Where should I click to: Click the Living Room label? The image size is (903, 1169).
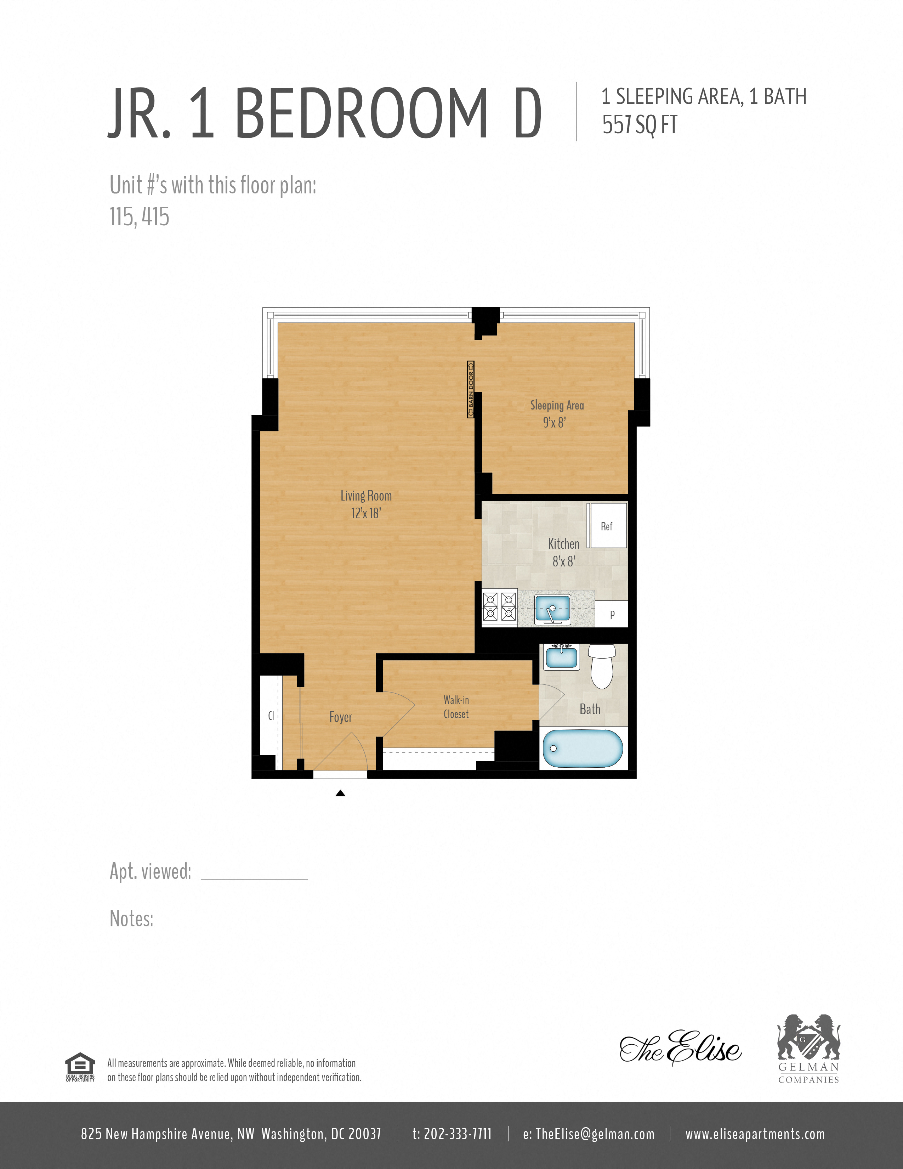pyautogui.click(x=366, y=496)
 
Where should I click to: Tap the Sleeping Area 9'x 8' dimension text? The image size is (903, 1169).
pyautogui.click(x=554, y=422)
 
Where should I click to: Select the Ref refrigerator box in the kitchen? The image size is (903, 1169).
pyautogui.click(x=607, y=526)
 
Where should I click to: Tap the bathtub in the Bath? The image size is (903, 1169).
pyautogui.click(x=583, y=748)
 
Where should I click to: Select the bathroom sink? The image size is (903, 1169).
pyautogui.click(x=561, y=657)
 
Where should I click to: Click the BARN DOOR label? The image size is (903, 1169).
pyautogui.click(x=471, y=389)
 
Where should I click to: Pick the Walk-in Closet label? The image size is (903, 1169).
pyautogui.click(x=456, y=707)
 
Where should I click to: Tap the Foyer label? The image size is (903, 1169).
pyautogui.click(x=340, y=717)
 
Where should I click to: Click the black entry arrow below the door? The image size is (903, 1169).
pyautogui.click(x=340, y=793)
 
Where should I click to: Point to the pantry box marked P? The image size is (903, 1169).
pyautogui.click(x=612, y=615)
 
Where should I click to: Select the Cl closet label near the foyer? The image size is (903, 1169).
pyautogui.click(x=271, y=716)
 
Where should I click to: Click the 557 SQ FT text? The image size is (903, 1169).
pyautogui.click(x=640, y=125)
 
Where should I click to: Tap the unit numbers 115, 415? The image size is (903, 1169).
pyautogui.click(x=140, y=217)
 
